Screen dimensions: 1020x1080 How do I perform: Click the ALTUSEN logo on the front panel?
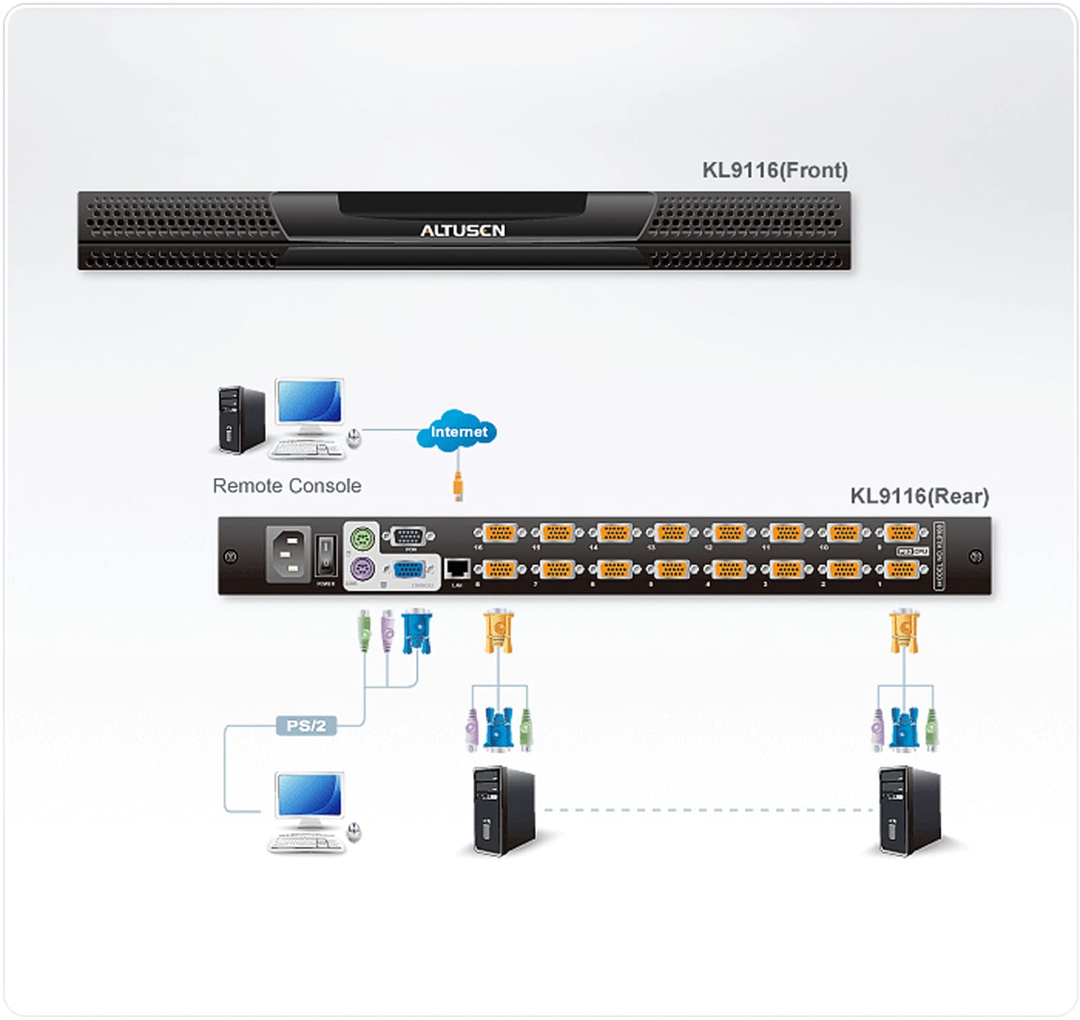tap(462, 231)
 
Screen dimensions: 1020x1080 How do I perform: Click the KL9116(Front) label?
tap(774, 170)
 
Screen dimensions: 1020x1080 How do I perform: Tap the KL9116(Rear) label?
tap(919, 496)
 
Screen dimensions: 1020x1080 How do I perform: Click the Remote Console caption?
tap(287, 486)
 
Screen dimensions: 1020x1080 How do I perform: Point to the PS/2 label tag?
tap(306, 726)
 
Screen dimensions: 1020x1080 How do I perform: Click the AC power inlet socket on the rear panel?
tap(289, 554)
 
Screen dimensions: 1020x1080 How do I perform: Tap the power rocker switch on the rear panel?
tap(325, 554)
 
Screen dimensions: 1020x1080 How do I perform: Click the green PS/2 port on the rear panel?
tap(362, 539)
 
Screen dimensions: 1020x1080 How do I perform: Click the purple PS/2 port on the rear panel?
tap(362, 568)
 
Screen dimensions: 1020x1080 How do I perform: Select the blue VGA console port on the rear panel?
tap(408, 570)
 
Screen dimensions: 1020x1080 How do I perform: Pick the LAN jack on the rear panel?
tap(458, 568)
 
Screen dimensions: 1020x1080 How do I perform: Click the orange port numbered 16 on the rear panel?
tap(500, 533)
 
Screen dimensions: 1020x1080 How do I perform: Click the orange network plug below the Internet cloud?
tap(458, 486)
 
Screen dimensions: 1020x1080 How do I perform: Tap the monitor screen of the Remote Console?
tap(309, 401)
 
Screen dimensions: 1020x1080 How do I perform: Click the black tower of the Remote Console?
tap(241, 420)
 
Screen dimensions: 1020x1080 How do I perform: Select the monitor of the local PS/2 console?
tap(309, 797)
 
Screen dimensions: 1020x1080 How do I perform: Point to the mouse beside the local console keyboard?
tap(354, 832)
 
